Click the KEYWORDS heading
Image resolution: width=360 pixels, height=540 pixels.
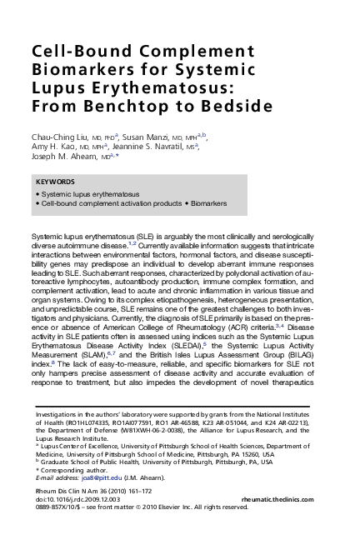(56, 181)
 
